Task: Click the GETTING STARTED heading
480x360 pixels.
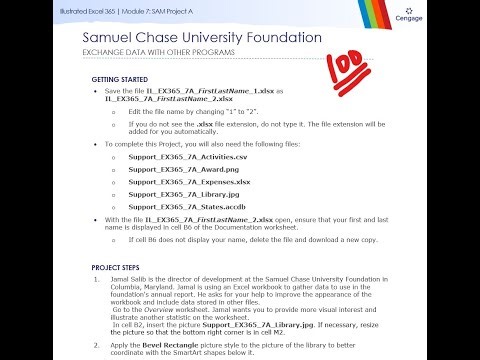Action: [117, 78]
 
